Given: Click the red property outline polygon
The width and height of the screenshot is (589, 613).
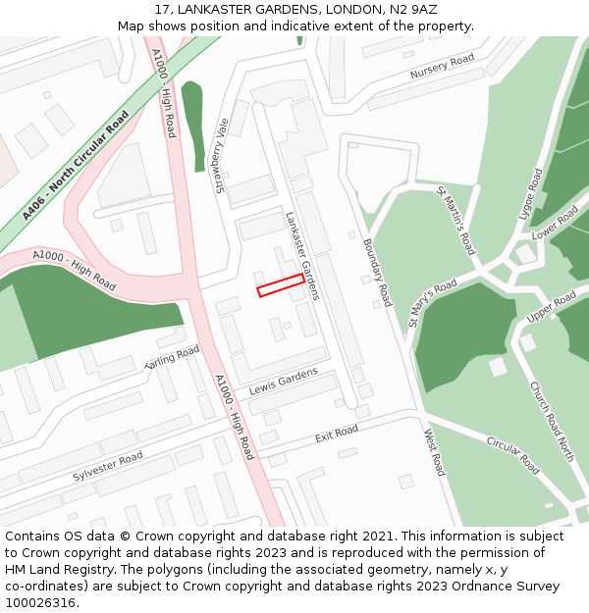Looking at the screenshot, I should (x=281, y=284).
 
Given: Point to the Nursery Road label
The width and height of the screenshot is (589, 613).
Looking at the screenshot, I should (x=442, y=68).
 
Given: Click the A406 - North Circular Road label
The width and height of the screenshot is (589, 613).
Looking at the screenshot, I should (x=76, y=166).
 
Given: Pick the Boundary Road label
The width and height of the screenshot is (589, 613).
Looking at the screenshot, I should (x=377, y=272).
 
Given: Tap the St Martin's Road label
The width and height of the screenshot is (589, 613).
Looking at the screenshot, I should (x=456, y=220).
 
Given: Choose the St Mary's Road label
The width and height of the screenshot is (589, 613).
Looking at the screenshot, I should (x=433, y=302).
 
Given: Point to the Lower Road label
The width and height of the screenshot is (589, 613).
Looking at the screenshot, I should (x=556, y=224).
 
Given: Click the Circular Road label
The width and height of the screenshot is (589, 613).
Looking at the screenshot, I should (x=512, y=455).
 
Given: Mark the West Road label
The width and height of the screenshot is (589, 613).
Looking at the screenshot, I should (x=433, y=452).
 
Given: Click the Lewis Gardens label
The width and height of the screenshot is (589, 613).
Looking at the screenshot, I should (x=283, y=382).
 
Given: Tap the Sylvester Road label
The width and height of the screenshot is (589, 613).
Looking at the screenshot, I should (x=108, y=466).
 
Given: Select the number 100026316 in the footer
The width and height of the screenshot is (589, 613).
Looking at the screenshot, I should (x=40, y=602).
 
